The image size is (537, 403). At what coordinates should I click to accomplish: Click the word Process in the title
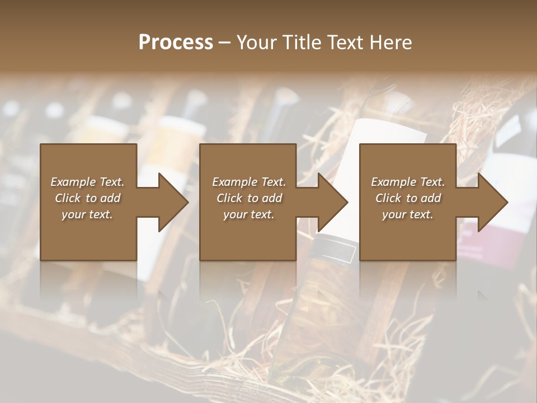(176, 42)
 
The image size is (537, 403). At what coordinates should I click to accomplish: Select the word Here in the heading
(391, 42)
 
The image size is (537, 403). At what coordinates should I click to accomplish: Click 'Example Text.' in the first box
(87, 182)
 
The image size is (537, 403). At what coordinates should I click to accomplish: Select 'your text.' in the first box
(87, 214)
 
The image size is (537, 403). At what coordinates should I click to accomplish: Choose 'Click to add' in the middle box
(249, 198)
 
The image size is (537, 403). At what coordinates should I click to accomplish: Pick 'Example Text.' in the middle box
(249, 182)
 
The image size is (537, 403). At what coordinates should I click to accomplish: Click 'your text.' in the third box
(408, 214)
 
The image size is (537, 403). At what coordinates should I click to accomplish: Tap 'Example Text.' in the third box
(408, 182)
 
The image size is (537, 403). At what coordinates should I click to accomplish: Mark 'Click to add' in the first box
(87, 198)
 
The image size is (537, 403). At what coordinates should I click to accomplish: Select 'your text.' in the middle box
(249, 214)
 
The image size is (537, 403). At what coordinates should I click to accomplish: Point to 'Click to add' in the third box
(408, 198)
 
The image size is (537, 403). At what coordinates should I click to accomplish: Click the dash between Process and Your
(224, 43)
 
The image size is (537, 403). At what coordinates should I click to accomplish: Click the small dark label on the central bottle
(335, 251)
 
